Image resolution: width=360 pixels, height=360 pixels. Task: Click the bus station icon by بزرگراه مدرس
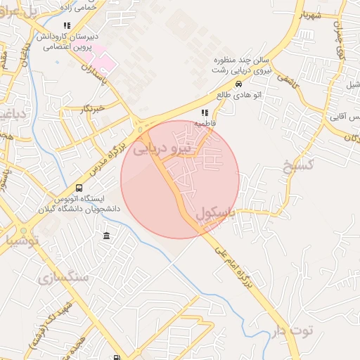coord(78,188)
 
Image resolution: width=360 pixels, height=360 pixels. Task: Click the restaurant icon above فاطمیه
coord(205,112)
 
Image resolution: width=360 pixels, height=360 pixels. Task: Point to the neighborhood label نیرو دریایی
coord(162,148)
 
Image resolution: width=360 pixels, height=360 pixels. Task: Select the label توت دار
coord(290,330)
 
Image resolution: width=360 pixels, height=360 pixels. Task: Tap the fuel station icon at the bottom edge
coord(115,356)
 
